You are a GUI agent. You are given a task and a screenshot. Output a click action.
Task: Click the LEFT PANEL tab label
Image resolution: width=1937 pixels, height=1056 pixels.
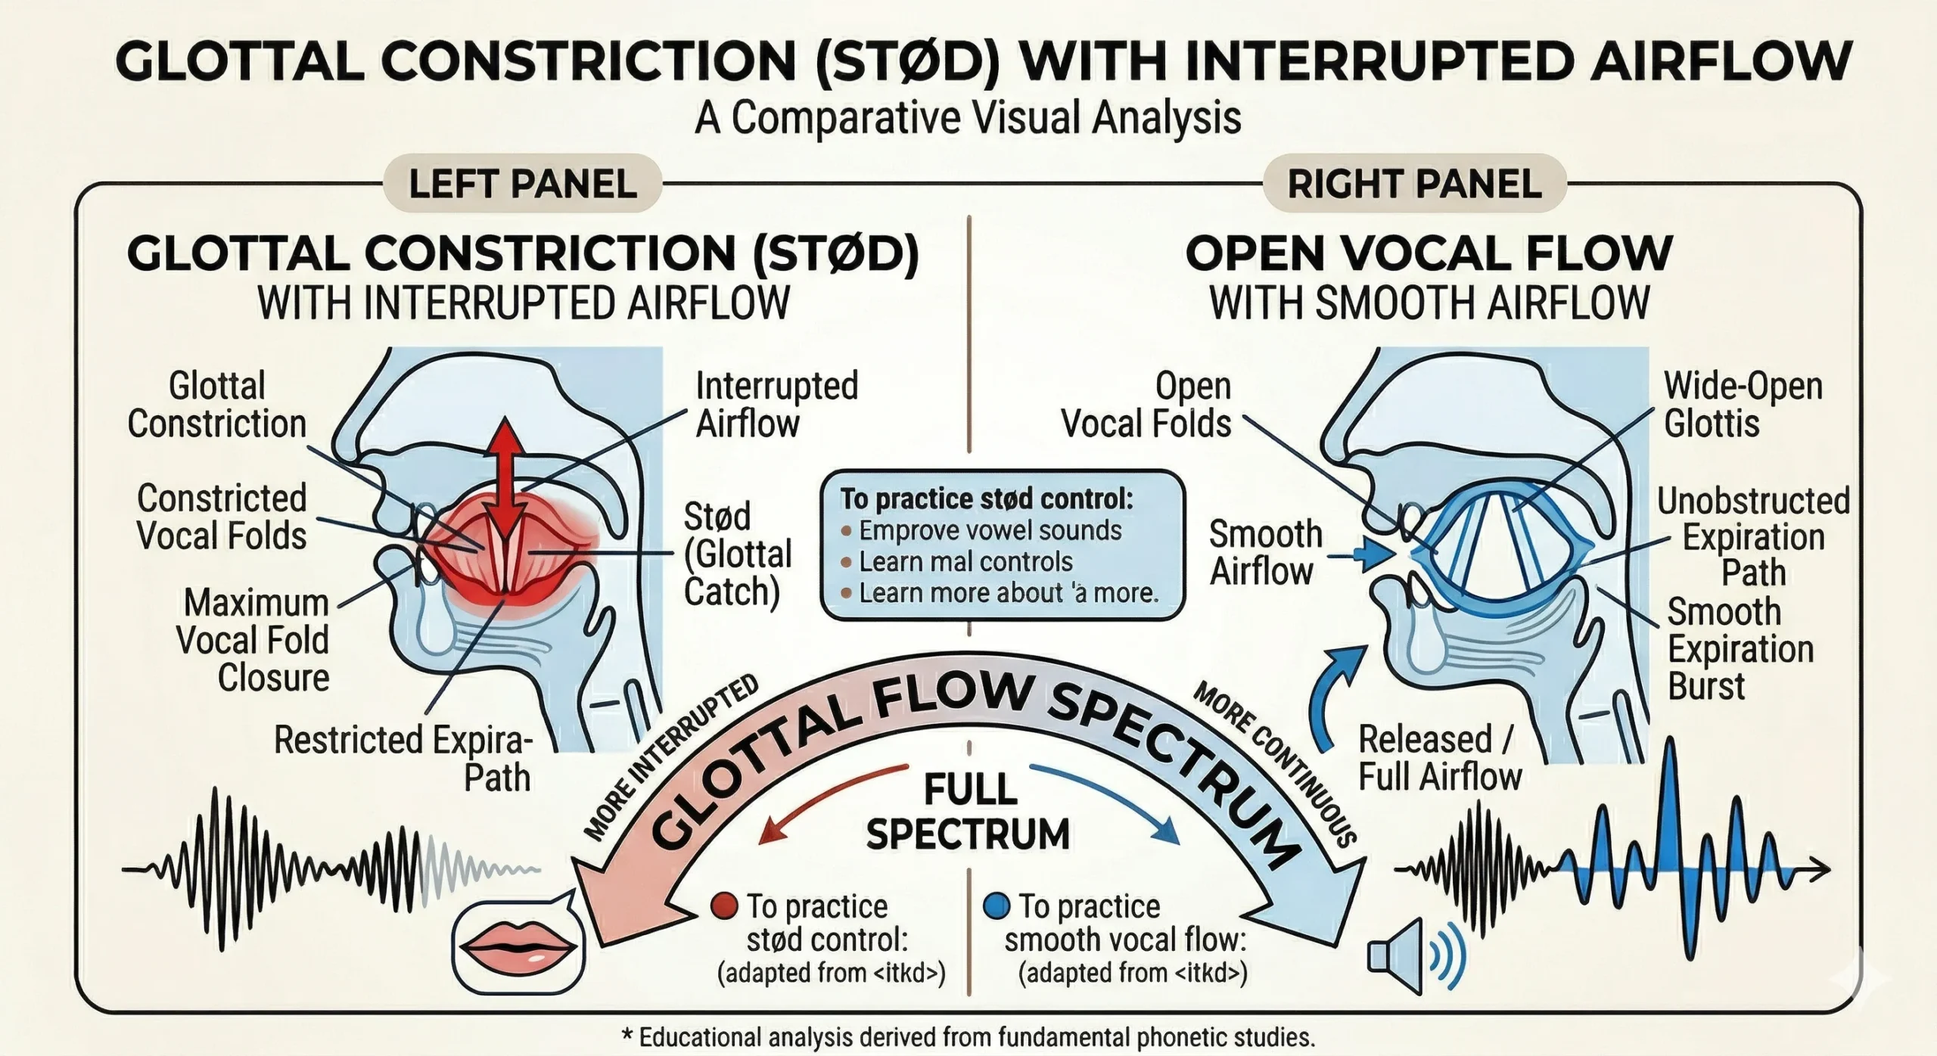[522, 184]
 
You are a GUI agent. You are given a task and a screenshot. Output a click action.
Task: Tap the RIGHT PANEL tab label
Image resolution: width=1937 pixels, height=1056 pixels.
[1414, 184]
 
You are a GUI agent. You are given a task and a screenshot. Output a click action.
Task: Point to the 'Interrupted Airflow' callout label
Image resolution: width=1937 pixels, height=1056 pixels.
[776, 405]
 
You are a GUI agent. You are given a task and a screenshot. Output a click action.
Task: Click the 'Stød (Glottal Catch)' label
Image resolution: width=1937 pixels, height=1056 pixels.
[737, 554]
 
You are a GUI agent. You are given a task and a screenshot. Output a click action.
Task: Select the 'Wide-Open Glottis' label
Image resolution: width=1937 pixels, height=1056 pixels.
[1743, 405]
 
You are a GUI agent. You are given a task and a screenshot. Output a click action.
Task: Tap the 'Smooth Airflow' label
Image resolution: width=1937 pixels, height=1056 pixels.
[1264, 553]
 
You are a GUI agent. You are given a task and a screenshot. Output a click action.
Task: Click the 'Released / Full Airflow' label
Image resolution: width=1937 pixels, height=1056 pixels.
[1439, 758]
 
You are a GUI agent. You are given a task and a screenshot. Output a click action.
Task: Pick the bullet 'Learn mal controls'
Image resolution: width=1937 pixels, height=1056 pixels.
[965, 562]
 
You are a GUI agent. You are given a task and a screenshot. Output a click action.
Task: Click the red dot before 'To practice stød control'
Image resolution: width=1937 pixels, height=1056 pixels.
[725, 905]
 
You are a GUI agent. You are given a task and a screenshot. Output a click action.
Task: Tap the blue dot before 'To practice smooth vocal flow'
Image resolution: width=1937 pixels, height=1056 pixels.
[996, 905]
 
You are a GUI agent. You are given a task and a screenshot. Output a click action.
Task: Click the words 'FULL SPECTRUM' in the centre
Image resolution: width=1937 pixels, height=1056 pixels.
[968, 812]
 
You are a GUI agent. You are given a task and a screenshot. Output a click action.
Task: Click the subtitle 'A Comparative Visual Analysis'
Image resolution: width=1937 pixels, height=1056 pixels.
[968, 118]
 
